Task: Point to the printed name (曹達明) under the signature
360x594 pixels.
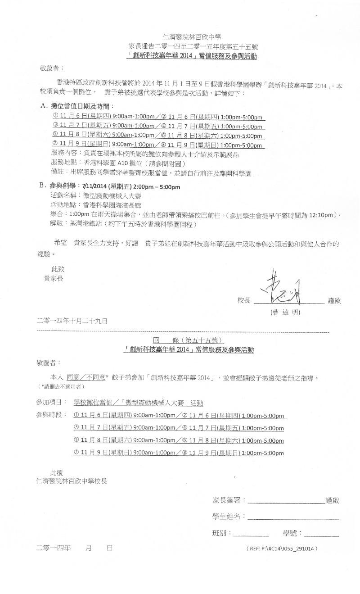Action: pos(284,312)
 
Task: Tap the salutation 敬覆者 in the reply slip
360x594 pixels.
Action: pos(48,362)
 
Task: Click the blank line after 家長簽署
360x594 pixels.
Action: pos(286,501)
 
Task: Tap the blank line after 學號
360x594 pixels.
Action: pos(321,535)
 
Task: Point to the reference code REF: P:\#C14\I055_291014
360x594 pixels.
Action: pos(282,549)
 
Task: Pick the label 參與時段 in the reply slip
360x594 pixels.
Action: pos(50,413)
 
